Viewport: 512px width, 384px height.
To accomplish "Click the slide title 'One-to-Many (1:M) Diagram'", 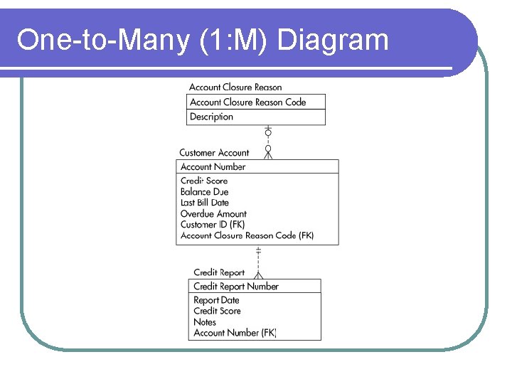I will (203, 41).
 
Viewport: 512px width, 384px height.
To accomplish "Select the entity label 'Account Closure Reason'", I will (235, 87).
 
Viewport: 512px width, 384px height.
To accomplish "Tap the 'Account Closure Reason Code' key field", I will (247, 102).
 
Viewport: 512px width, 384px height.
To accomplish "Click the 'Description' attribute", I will (211, 117).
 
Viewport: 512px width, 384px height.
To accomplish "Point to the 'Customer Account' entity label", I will (214, 152).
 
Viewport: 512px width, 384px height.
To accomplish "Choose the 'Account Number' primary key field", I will (213, 166).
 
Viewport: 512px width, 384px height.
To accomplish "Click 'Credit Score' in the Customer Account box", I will (204, 181).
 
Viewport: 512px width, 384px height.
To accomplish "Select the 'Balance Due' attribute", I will (204, 191).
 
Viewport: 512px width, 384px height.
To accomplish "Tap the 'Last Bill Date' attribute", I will (205, 203).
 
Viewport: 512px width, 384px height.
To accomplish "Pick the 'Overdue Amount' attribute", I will (213, 213).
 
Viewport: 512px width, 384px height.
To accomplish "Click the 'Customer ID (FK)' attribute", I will (213, 224).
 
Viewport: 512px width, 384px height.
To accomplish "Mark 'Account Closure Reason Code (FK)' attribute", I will (247, 235).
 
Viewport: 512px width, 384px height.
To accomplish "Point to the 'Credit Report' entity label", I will (219, 272).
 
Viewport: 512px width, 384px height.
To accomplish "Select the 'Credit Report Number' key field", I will (236, 286).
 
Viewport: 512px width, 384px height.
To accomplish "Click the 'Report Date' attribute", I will (216, 300).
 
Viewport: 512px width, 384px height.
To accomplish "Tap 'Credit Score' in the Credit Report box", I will (217, 311).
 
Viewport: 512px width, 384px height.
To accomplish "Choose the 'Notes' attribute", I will (205, 321).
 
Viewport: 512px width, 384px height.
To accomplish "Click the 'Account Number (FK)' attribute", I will (235, 332).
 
